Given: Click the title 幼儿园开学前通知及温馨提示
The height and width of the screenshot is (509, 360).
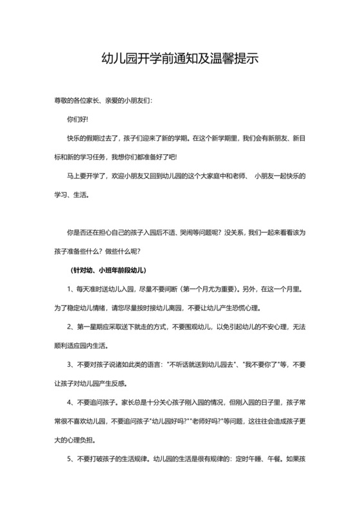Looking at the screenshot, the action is [x=180, y=58].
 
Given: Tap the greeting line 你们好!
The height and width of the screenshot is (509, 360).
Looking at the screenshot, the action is [x=78, y=120].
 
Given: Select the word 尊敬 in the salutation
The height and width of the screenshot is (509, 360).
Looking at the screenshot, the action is [x=62, y=101].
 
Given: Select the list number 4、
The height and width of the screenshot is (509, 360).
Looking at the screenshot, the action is [x=71, y=404].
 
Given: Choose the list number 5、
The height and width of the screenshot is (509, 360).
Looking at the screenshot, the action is [x=71, y=460].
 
